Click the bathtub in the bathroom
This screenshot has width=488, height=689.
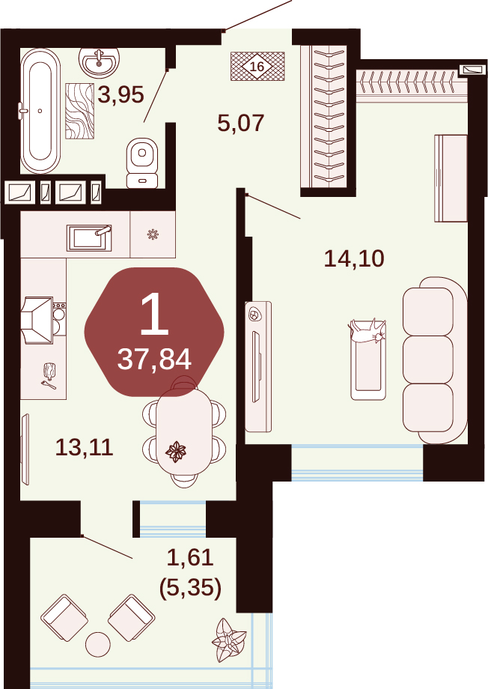point(40,111)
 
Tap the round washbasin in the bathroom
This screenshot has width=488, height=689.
point(99,62)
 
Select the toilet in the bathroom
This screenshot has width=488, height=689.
point(142,163)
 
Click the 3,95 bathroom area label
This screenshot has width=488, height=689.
point(121,94)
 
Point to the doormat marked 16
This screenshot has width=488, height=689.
point(257,67)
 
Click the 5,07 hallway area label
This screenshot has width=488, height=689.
point(241,123)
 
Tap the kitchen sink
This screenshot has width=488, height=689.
point(89,237)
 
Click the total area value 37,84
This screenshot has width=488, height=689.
point(154,359)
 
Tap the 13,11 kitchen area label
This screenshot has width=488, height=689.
point(85,447)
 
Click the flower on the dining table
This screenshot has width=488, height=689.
point(176,452)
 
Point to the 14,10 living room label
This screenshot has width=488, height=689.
point(354,258)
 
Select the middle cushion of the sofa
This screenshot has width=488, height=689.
point(428,359)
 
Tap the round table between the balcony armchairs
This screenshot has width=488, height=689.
point(97,644)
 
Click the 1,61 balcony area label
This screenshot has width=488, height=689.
point(190,558)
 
